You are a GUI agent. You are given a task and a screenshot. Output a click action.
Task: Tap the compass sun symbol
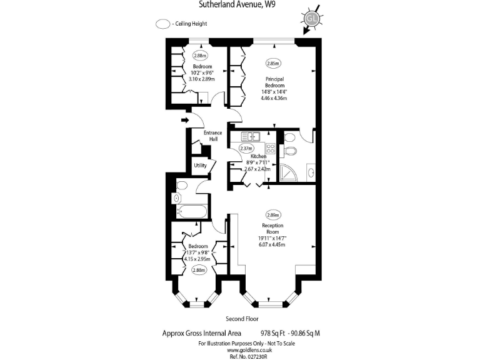(x=312, y=18)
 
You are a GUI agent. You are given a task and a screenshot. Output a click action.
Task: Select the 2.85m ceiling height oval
(x=273, y=63)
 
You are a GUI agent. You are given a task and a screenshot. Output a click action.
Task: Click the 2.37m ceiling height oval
(x=246, y=148)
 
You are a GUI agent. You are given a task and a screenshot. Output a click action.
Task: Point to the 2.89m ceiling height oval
(x=273, y=214)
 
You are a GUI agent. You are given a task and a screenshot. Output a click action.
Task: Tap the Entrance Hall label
(x=213, y=136)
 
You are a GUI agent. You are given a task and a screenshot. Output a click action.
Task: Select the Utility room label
(x=200, y=166)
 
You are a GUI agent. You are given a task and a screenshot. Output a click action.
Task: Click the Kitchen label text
(x=259, y=156)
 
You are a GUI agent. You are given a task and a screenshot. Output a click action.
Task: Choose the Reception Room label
(x=273, y=229)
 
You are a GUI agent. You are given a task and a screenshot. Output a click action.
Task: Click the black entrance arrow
(x=185, y=119)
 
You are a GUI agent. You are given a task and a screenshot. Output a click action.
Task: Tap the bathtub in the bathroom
(x=191, y=212)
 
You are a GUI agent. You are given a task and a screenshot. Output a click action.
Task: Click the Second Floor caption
(x=242, y=319)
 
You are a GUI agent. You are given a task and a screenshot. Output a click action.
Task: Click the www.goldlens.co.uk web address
(x=242, y=350)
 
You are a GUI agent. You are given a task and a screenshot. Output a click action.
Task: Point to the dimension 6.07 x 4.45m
(x=272, y=245)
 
